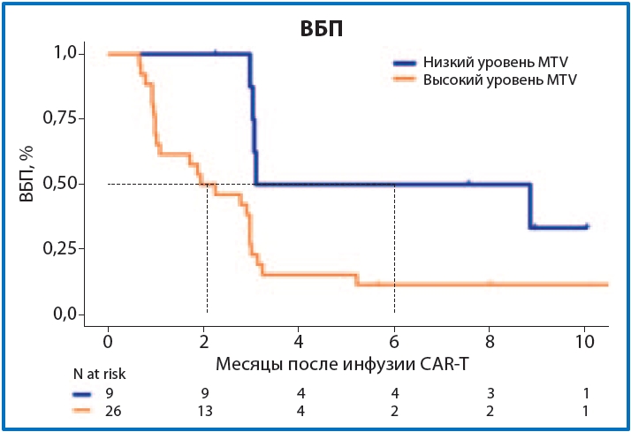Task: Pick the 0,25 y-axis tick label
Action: pos(68,248)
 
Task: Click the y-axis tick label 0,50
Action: pos(68,184)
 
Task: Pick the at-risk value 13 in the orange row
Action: pos(203,411)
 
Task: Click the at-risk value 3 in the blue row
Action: pos(489,392)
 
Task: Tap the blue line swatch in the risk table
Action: pos(83,393)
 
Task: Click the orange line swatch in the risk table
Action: pos(83,412)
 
